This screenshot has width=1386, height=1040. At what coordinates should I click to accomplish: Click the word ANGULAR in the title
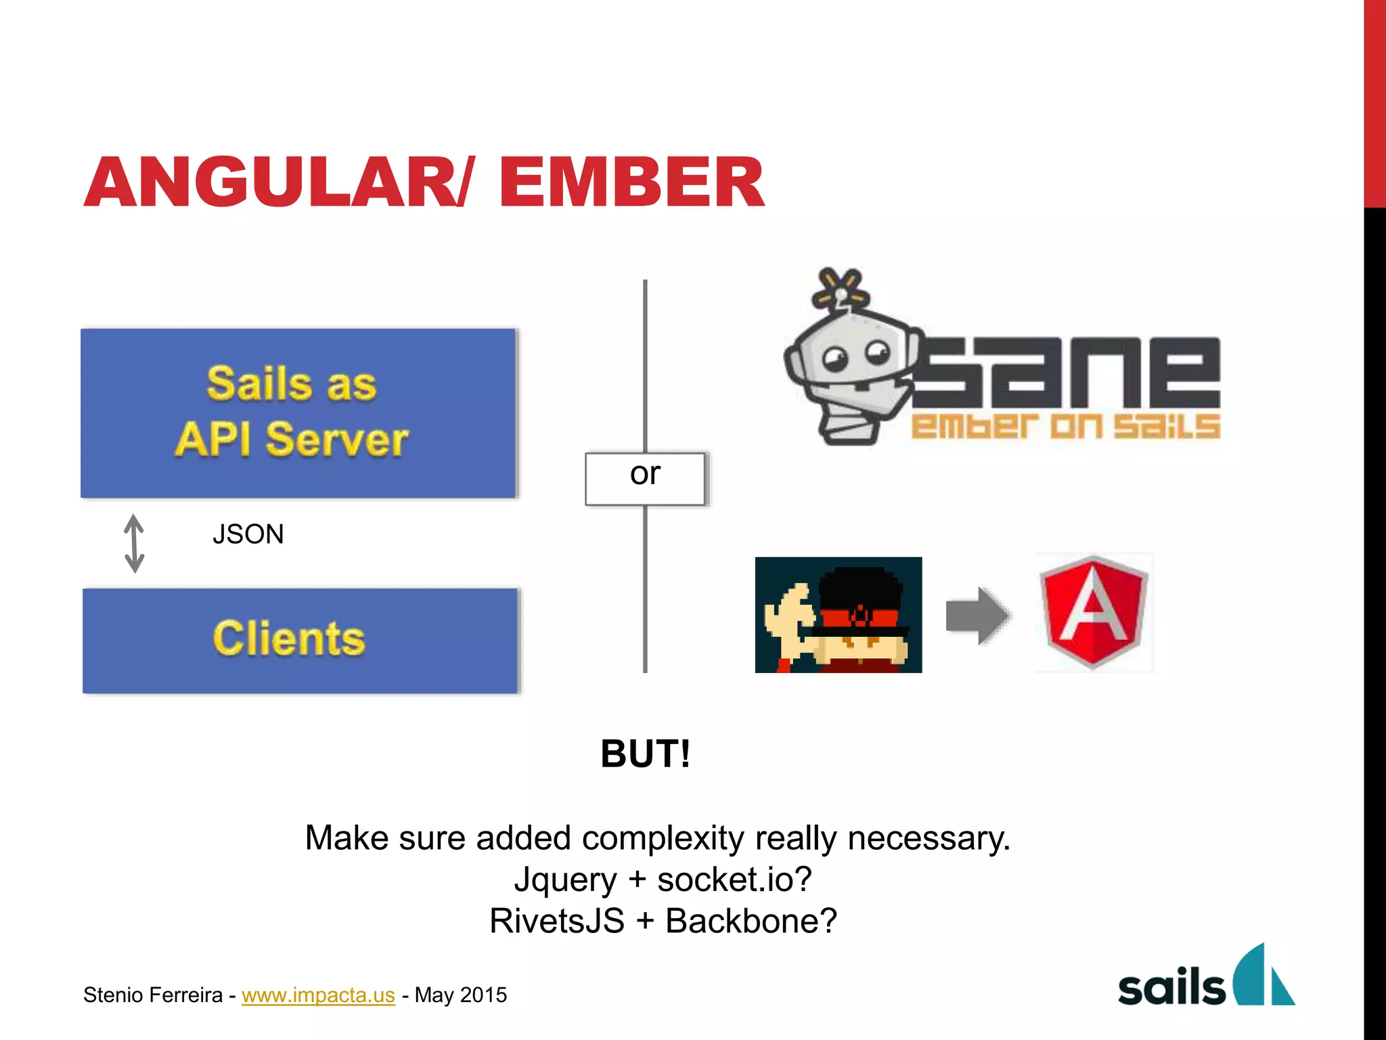(271, 183)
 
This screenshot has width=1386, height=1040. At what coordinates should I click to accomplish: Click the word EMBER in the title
(631, 183)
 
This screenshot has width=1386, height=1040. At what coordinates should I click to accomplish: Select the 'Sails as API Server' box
(298, 413)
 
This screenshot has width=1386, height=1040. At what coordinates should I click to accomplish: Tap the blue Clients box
(300, 640)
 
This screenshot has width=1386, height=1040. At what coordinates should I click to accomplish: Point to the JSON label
(248, 534)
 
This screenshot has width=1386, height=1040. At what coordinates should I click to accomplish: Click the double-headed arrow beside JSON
(134, 543)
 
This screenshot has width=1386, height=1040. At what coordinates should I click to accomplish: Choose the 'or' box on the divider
(645, 478)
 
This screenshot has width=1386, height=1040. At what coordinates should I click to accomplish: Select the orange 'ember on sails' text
(1066, 427)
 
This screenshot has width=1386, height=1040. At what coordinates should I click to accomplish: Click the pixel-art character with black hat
(839, 615)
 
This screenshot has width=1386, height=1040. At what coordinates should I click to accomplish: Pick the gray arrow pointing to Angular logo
(977, 615)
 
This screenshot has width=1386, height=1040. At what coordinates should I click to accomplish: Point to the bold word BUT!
(645, 754)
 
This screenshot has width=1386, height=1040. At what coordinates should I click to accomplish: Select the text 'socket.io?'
(734, 880)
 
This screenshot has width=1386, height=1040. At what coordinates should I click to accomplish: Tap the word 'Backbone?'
(751, 921)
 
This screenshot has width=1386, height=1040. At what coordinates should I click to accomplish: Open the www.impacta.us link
(318, 995)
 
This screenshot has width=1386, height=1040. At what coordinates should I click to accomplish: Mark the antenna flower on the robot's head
(840, 288)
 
